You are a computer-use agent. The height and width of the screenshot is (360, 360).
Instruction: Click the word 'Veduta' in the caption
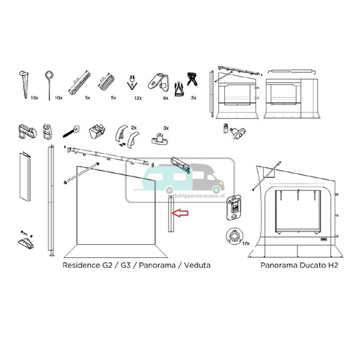(x=195, y=266)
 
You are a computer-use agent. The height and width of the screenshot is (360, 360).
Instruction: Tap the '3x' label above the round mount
(x=166, y=128)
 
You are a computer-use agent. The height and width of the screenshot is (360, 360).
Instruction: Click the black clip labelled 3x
(x=189, y=79)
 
